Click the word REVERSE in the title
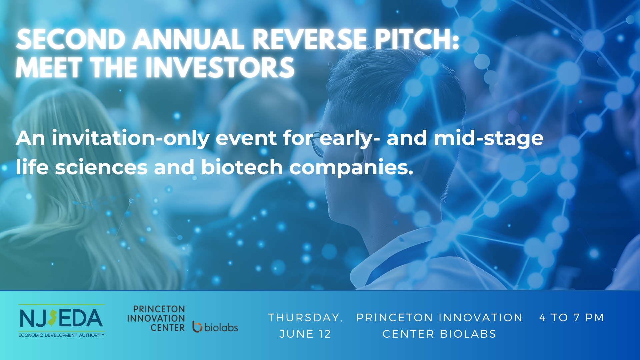[x=309, y=39]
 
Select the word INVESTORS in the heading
[x=220, y=68]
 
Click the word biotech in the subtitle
[x=242, y=167]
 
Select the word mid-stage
[x=489, y=138]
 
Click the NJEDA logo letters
[x=61, y=318]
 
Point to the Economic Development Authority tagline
[x=61, y=335]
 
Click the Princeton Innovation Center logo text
[x=156, y=318]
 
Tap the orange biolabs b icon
[x=197, y=327]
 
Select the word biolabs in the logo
[x=221, y=327]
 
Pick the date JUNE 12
[x=305, y=334]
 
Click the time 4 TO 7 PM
[x=572, y=317]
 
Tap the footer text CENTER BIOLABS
[x=439, y=334]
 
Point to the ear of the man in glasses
[x=359, y=157]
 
